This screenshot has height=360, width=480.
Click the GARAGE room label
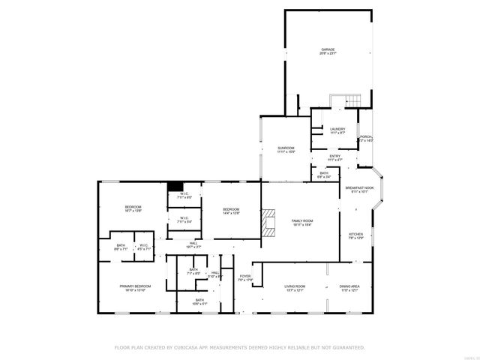pos(328,50)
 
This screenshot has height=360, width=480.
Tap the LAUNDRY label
pos(337,129)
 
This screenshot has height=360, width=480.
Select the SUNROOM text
pos(286,148)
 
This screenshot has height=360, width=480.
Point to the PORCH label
pos(366,136)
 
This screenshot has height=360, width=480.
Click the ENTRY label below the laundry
pos(334,156)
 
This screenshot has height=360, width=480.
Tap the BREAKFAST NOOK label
pos(360,187)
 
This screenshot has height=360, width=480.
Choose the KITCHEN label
pos(356,234)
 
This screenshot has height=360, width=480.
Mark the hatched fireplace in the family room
pos(268,223)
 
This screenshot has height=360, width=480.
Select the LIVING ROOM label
pos(294,286)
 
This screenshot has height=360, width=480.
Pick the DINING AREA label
pos(350,286)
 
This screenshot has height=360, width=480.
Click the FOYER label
pos(245,277)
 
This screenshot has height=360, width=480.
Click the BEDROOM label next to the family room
pos(230,208)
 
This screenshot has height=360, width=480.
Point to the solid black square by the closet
pos(175,187)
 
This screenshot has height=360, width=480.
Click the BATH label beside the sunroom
pos(324,174)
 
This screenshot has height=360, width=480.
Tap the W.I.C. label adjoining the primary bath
pos(143,245)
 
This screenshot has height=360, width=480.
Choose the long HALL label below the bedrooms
pos(193,243)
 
